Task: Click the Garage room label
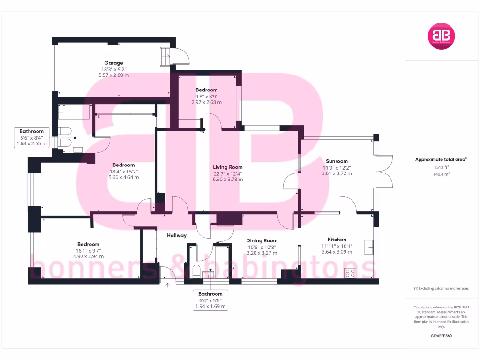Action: point(113,63)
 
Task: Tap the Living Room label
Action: point(227,167)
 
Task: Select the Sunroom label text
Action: point(337,161)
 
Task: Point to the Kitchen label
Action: point(337,240)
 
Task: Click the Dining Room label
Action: point(262,240)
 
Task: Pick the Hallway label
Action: point(177,235)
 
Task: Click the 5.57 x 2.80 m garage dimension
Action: point(113,75)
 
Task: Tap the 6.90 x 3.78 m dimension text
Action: point(227,179)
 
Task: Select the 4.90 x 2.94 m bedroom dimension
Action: point(88,256)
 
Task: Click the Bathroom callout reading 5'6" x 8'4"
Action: point(32,138)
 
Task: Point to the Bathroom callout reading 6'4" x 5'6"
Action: point(210,300)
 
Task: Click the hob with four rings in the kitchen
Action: point(350,273)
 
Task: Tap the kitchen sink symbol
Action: point(368,246)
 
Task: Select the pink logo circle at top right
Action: point(442,36)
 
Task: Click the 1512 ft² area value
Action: point(441,167)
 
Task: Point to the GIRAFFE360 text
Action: point(441,336)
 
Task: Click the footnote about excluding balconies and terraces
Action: point(441,288)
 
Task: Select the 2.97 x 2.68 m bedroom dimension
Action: point(207,102)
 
